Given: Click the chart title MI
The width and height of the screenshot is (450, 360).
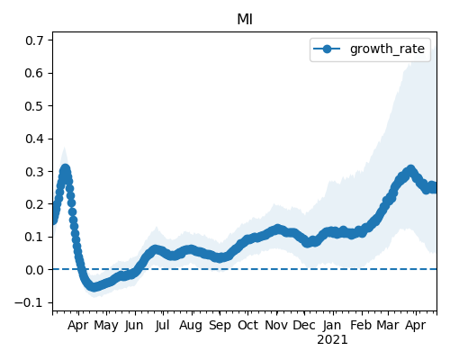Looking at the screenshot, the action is click(x=245, y=20).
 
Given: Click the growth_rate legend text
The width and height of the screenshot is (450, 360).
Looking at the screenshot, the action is click(x=387, y=49).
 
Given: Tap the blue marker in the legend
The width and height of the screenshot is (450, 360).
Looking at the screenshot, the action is click(x=327, y=49).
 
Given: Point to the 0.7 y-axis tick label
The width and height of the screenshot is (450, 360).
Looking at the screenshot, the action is click(x=34, y=40).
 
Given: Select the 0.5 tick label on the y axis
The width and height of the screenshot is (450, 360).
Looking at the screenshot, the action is click(x=34, y=106).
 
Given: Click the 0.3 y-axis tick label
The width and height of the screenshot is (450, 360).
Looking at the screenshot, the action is click(x=34, y=172).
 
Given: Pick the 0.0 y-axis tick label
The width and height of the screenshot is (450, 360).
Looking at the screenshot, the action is click(x=34, y=270).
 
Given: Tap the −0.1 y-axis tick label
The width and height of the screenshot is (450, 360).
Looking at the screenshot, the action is click(x=29, y=302).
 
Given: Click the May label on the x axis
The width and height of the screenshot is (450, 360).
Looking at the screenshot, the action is click(x=106, y=325).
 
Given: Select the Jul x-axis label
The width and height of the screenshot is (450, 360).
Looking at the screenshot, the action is click(x=162, y=325).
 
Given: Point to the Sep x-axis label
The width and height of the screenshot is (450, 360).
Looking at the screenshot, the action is click(x=220, y=325).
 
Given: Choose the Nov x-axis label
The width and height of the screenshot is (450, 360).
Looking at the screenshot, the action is click(x=276, y=325).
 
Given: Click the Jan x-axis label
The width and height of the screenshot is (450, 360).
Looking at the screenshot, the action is click(x=332, y=325).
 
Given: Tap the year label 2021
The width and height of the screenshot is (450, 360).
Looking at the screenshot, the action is click(x=332, y=340).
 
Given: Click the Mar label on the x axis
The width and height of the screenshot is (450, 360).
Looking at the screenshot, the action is click(x=388, y=325).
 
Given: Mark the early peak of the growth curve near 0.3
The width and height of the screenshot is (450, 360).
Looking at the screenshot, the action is click(x=65, y=169).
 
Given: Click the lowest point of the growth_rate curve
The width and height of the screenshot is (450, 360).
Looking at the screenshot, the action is click(x=94, y=287).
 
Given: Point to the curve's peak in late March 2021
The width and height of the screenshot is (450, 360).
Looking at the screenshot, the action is click(x=410, y=170).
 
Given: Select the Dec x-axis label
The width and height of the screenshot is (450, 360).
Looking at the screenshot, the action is click(x=304, y=325).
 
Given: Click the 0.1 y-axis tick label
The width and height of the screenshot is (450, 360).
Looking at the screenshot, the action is click(x=34, y=238).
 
